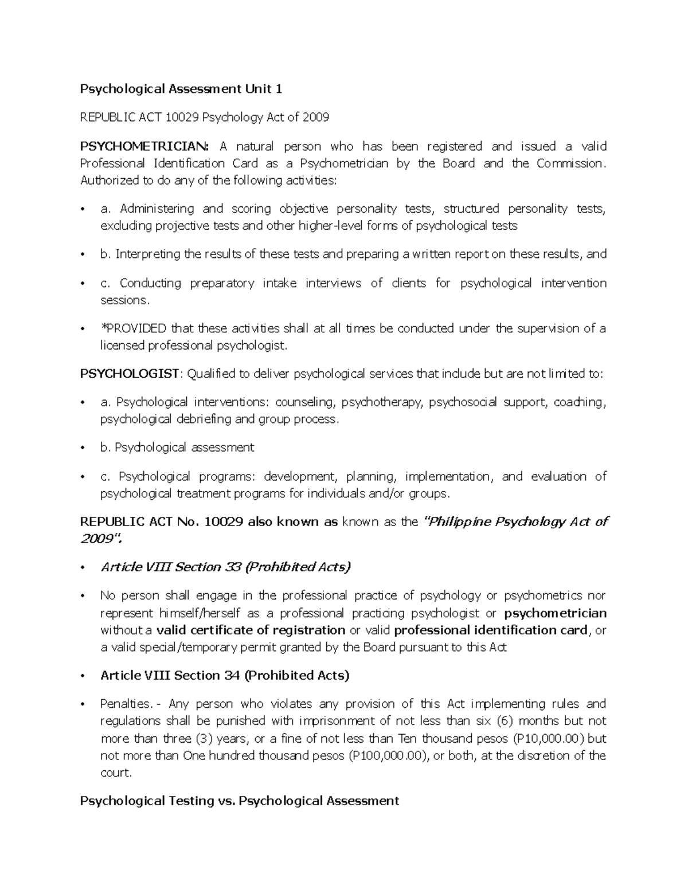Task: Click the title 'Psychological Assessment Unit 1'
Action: point(181,89)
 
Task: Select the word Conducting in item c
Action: point(150,283)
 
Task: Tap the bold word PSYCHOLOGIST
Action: point(130,374)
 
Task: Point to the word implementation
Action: point(448,477)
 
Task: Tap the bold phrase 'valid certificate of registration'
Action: point(251,630)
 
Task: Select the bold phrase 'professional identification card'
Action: point(491,630)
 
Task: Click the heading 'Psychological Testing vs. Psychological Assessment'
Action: point(240,801)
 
